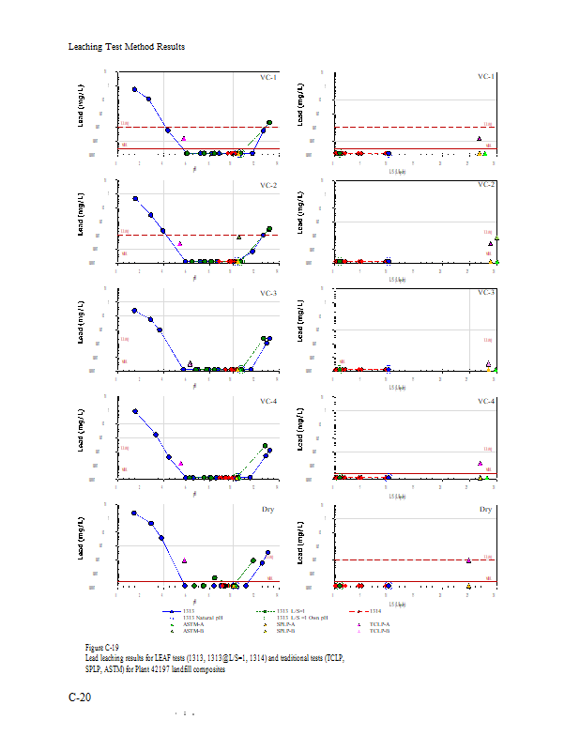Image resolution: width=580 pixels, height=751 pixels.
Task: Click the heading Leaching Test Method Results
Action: click(127, 47)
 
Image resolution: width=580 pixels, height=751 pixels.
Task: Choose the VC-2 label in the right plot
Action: click(485, 184)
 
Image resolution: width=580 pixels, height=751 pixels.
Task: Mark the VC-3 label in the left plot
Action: click(267, 294)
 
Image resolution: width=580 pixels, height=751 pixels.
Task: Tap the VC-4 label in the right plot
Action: click(485, 402)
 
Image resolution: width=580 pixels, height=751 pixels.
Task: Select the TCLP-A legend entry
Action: click(379, 624)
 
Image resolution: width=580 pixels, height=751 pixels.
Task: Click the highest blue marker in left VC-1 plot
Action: click(134, 89)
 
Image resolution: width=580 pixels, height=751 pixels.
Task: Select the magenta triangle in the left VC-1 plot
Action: click(184, 139)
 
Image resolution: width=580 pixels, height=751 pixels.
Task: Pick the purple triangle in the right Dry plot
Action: click(468, 560)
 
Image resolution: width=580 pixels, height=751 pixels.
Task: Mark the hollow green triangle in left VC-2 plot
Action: click(239, 238)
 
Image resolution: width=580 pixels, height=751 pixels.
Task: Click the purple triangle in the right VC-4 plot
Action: click(480, 463)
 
